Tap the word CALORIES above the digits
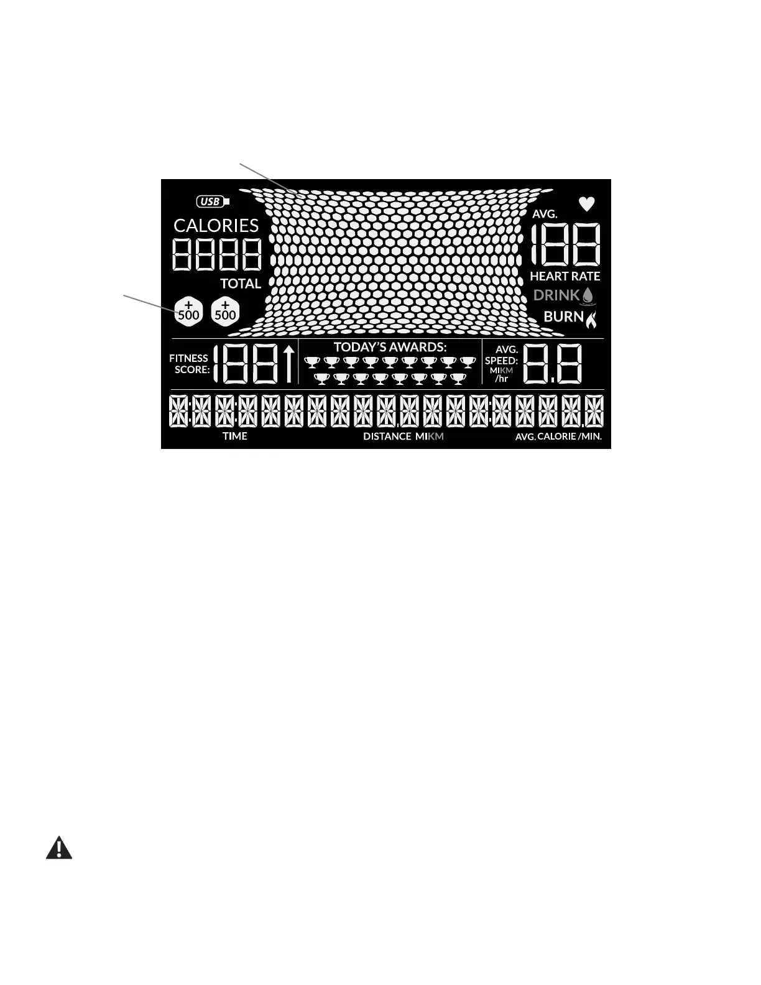click(216, 225)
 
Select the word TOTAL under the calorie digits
click(240, 284)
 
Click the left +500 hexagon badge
click(188, 311)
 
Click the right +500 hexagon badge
click(225, 311)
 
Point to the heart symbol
click(586, 203)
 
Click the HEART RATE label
click(565, 276)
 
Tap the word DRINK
click(556, 295)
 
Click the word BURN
click(563, 317)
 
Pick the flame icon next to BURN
click(591, 318)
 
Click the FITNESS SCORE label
click(189, 364)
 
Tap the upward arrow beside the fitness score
click(288, 364)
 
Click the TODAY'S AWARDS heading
click(390, 347)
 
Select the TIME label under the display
click(235, 436)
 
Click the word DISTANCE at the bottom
click(387, 437)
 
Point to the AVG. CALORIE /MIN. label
click(558, 437)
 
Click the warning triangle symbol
click(59, 848)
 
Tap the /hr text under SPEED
click(501, 379)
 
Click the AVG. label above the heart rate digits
click(545, 214)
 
